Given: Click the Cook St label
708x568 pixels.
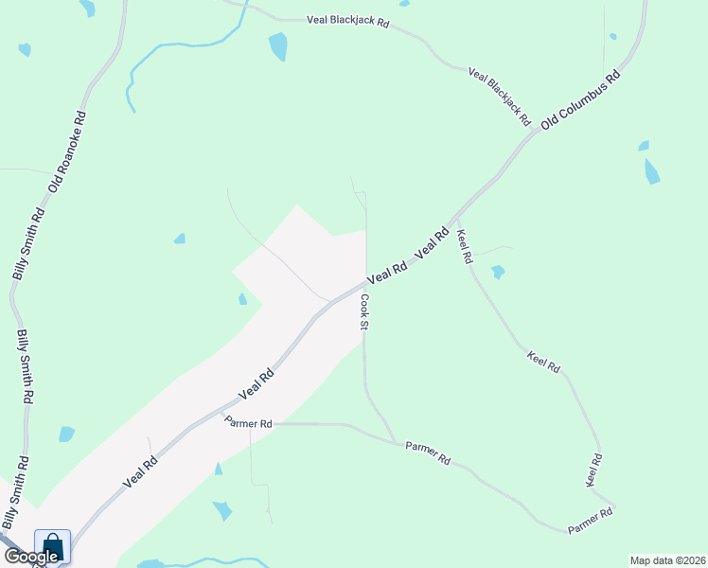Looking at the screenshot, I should click(x=363, y=311).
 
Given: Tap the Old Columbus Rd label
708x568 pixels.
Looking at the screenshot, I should click(x=580, y=100).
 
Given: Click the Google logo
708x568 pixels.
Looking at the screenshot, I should click(x=31, y=557).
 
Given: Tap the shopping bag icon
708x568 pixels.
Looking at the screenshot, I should click(x=52, y=546).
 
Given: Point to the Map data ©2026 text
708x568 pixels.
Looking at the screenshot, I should click(x=668, y=560).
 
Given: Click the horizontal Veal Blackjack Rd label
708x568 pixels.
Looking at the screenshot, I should click(x=348, y=20).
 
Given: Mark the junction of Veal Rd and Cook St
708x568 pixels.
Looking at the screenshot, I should click(x=365, y=282).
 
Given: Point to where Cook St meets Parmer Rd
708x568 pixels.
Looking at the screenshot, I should click(x=395, y=441).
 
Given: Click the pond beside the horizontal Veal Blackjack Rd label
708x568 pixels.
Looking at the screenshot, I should click(x=278, y=46).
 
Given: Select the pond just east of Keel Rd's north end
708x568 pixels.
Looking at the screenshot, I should click(x=498, y=273).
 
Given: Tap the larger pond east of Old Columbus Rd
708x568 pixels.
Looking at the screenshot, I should click(x=652, y=171).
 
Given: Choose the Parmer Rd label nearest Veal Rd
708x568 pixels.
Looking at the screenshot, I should click(x=249, y=424).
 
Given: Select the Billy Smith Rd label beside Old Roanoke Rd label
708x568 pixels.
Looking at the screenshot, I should click(x=27, y=243).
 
